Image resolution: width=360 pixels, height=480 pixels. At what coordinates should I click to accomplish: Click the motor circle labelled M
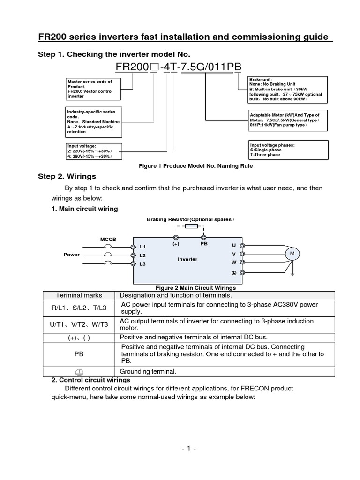pyautogui.click(x=292, y=254)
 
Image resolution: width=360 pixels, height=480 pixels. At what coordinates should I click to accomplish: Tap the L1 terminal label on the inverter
pyautogui.click(x=143, y=247)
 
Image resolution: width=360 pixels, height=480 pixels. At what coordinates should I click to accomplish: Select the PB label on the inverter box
pyautogui.click(x=203, y=244)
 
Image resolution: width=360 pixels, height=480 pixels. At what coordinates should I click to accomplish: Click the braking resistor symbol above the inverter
pyautogui.click(x=190, y=226)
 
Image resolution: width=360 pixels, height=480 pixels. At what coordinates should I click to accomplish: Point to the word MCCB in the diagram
pyautogui.click(x=108, y=240)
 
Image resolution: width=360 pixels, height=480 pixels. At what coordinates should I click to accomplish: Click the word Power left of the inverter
pyautogui.click(x=72, y=255)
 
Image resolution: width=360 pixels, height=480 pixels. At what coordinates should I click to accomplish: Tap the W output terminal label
pyautogui.click(x=233, y=262)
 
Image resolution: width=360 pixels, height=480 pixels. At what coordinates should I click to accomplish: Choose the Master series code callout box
pyautogui.click(x=93, y=89)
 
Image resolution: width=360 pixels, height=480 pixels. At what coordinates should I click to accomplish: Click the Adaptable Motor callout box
pyautogui.click(x=285, y=120)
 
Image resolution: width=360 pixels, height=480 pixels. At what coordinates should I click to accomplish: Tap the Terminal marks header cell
pyautogui.click(x=79, y=295)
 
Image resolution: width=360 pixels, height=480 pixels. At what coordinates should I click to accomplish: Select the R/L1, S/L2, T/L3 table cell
pyautogui.click(x=79, y=307)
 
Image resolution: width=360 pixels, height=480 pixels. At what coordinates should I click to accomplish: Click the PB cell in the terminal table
pyautogui.click(x=79, y=354)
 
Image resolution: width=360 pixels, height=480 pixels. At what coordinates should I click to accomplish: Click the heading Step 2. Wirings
pyautogui.click(x=67, y=176)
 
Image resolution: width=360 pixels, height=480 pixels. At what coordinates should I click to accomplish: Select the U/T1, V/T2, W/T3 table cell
pyautogui.click(x=79, y=324)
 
